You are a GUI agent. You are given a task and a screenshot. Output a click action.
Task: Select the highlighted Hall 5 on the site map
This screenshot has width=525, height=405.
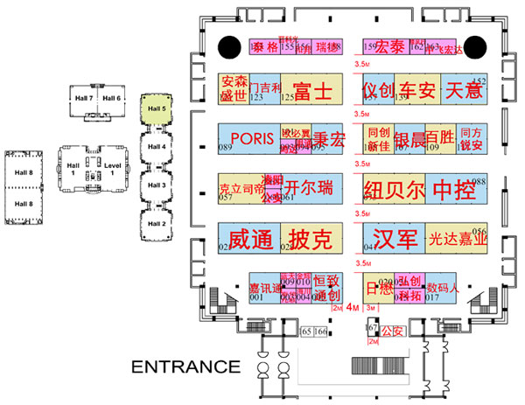[x=157, y=109]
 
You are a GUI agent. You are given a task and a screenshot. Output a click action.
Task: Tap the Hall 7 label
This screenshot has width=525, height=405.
[x=84, y=97]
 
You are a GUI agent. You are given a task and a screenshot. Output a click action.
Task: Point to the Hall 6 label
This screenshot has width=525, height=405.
[x=111, y=97]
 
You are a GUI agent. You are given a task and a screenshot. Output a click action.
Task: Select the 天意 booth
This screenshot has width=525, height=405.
[x=465, y=90]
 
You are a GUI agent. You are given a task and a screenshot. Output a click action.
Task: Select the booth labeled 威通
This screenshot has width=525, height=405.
[x=249, y=238]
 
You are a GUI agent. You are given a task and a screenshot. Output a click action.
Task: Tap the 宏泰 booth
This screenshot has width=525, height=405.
[x=390, y=49]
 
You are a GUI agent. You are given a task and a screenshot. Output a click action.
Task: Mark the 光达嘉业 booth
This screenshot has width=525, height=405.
[x=457, y=238]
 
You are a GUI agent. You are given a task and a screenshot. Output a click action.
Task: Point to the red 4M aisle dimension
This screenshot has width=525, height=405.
[x=353, y=307]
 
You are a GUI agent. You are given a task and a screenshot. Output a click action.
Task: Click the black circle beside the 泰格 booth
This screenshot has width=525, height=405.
[x=230, y=45]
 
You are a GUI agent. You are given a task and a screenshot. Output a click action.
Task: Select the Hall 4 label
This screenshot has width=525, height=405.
[x=157, y=147]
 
